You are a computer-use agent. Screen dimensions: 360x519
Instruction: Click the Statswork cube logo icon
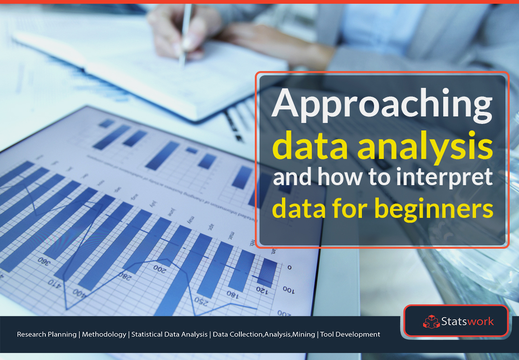coord(431,321)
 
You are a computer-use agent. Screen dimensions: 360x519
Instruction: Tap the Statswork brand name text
coord(467,321)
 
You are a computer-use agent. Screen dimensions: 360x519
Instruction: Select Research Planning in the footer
coord(46,334)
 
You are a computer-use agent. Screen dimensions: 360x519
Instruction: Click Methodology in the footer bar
coord(104,334)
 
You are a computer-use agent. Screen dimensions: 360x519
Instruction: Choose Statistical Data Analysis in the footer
coord(169,334)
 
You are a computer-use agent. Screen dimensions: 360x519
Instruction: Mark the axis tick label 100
coord(288,290)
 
